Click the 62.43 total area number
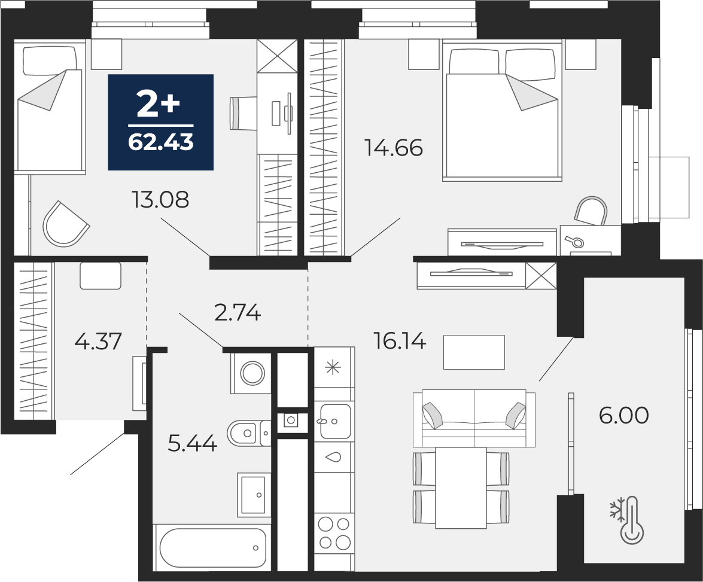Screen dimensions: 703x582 pos(160,142)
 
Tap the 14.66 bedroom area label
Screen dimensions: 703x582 pos(394,148)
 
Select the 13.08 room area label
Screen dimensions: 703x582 pos(160,200)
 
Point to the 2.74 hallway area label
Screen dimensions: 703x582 pos(238,312)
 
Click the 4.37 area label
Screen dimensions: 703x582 pos(98,341)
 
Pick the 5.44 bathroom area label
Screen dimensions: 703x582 pos(192,443)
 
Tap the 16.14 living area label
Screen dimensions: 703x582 pos(400,342)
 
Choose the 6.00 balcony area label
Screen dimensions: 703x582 pos(623,416)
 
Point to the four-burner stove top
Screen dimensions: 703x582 pos(334,533)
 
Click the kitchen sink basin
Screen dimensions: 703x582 pos(336,422)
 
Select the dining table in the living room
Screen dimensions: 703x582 pos(461,487)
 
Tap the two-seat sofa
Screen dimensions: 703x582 pos(474,418)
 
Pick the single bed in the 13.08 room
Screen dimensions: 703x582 pos(50,106)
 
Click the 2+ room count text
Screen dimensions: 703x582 pos(159,105)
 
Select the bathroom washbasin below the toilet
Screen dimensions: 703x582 pos(253,493)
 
